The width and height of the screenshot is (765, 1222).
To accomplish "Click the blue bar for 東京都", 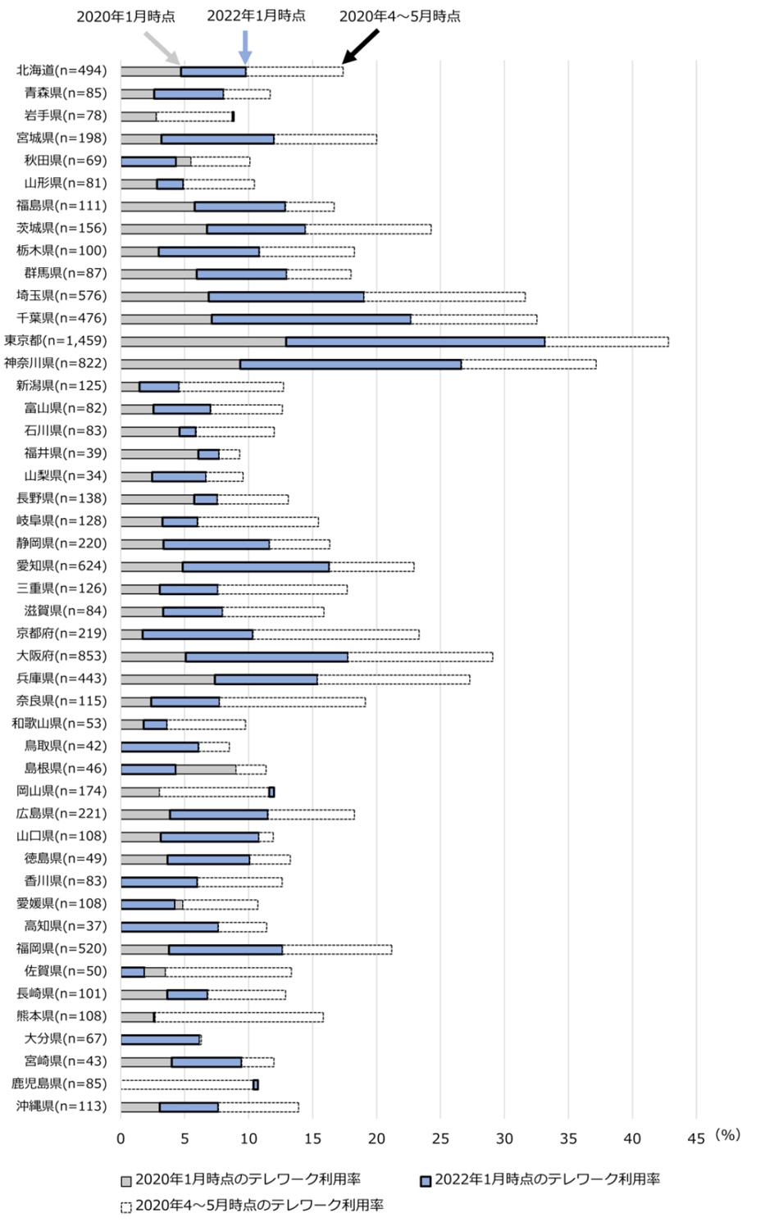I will coord(415,341).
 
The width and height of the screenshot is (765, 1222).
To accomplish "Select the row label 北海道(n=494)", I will coord(61,70).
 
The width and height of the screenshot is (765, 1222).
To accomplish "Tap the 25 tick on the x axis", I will coord(440,1138).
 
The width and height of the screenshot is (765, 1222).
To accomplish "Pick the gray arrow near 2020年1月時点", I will coord(162,48).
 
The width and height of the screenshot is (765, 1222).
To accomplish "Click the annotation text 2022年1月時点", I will coord(256,16).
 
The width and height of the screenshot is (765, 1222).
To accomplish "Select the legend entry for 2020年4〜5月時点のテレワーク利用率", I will coord(253,1205).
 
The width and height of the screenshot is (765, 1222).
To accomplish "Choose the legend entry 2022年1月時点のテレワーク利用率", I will coord(540,1179).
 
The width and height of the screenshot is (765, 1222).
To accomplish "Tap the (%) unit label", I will coord(727,1135).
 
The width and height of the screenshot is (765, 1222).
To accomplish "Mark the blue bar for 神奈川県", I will coord(350,364).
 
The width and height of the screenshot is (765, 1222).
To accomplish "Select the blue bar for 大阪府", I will coord(266,656).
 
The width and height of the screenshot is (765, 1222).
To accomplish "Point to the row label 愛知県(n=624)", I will coord(61,566).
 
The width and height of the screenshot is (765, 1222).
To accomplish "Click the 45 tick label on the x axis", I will coord(696,1138).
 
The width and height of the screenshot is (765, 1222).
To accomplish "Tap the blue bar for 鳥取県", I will coord(160,747).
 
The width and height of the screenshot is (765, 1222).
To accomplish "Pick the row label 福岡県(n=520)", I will coord(61,948).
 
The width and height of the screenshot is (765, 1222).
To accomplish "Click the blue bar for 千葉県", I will coord(311,319).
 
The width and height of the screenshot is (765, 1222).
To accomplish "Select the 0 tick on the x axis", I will coord(121,1138).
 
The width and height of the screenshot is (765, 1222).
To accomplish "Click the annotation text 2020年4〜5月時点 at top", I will coord(399,16).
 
